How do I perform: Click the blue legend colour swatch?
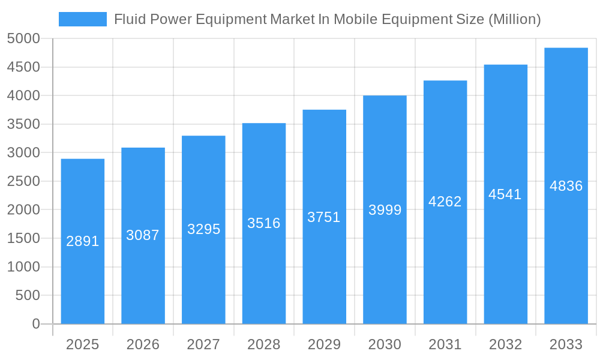click(x=82, y=19)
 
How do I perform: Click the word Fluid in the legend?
click(x=127, y=19)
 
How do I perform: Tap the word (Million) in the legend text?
click(x=514, y=19)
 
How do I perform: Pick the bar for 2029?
click(x=324, y=270)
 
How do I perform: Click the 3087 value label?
click(x=143, y=235)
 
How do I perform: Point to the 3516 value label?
click(x=264, y=223)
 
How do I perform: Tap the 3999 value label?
click(x=385, y=210)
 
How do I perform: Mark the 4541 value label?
click(x=505, y=194)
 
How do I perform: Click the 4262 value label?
click(x=445, y=202)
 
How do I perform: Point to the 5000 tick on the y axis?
click(x=23, y=38)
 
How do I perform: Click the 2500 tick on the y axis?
click(x=23, y=181)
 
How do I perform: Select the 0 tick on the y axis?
click(x=36, y=324)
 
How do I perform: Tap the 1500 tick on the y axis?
click(x=23, y=238)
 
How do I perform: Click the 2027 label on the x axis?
click(x=203, y=344)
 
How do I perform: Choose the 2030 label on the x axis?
click(x=385, y=344)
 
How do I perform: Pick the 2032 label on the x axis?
click(x=505, y=344)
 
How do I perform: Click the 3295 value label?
click(x=203, y=229)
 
